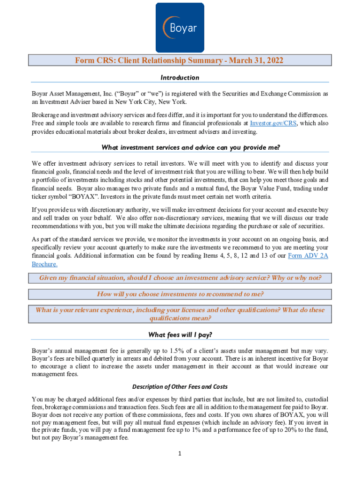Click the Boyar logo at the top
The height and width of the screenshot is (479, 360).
pos(180,27)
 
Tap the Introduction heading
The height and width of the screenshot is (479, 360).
pos(180,78)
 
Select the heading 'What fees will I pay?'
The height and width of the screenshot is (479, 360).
pos(180,334)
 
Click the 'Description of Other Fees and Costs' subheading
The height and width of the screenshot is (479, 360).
pos(180,386)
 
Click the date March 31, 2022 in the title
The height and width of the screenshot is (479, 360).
pos(251,60)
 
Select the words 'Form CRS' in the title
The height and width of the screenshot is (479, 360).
pos(94,60)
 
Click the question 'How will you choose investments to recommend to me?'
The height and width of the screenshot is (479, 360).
pos(180,294)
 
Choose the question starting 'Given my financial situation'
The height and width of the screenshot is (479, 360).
pos(180,278)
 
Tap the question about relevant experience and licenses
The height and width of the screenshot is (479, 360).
pos(180,314)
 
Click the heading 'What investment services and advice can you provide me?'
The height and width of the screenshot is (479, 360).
pos(191,148)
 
